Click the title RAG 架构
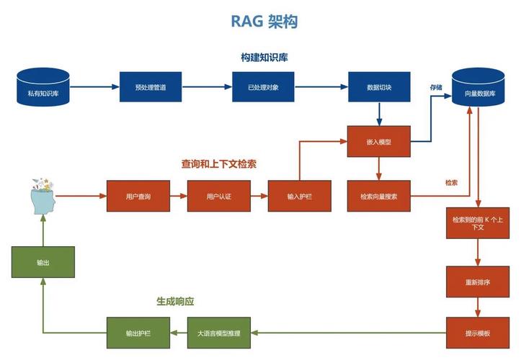[x=264, y=22]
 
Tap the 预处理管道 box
[x=151, y=87]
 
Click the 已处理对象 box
[x=263, y=87]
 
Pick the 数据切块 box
[x=379, y=87]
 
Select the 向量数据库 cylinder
[x=477, y=88]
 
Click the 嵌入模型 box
[x=379, y=142]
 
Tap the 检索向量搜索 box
[x=379, y=196]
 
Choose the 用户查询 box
[x=138, y=196]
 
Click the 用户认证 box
[x=218, y=196]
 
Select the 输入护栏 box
[x=299, y=196]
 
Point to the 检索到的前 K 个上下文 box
[x=477, y=222]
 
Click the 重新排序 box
[x=477, y=282]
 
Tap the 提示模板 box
[x=477, y=333]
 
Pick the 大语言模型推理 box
[x=218, y=333]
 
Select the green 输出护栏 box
[x=138, y=333]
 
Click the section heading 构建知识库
[x=264, y=57]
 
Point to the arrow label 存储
[x=437, y=87]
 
